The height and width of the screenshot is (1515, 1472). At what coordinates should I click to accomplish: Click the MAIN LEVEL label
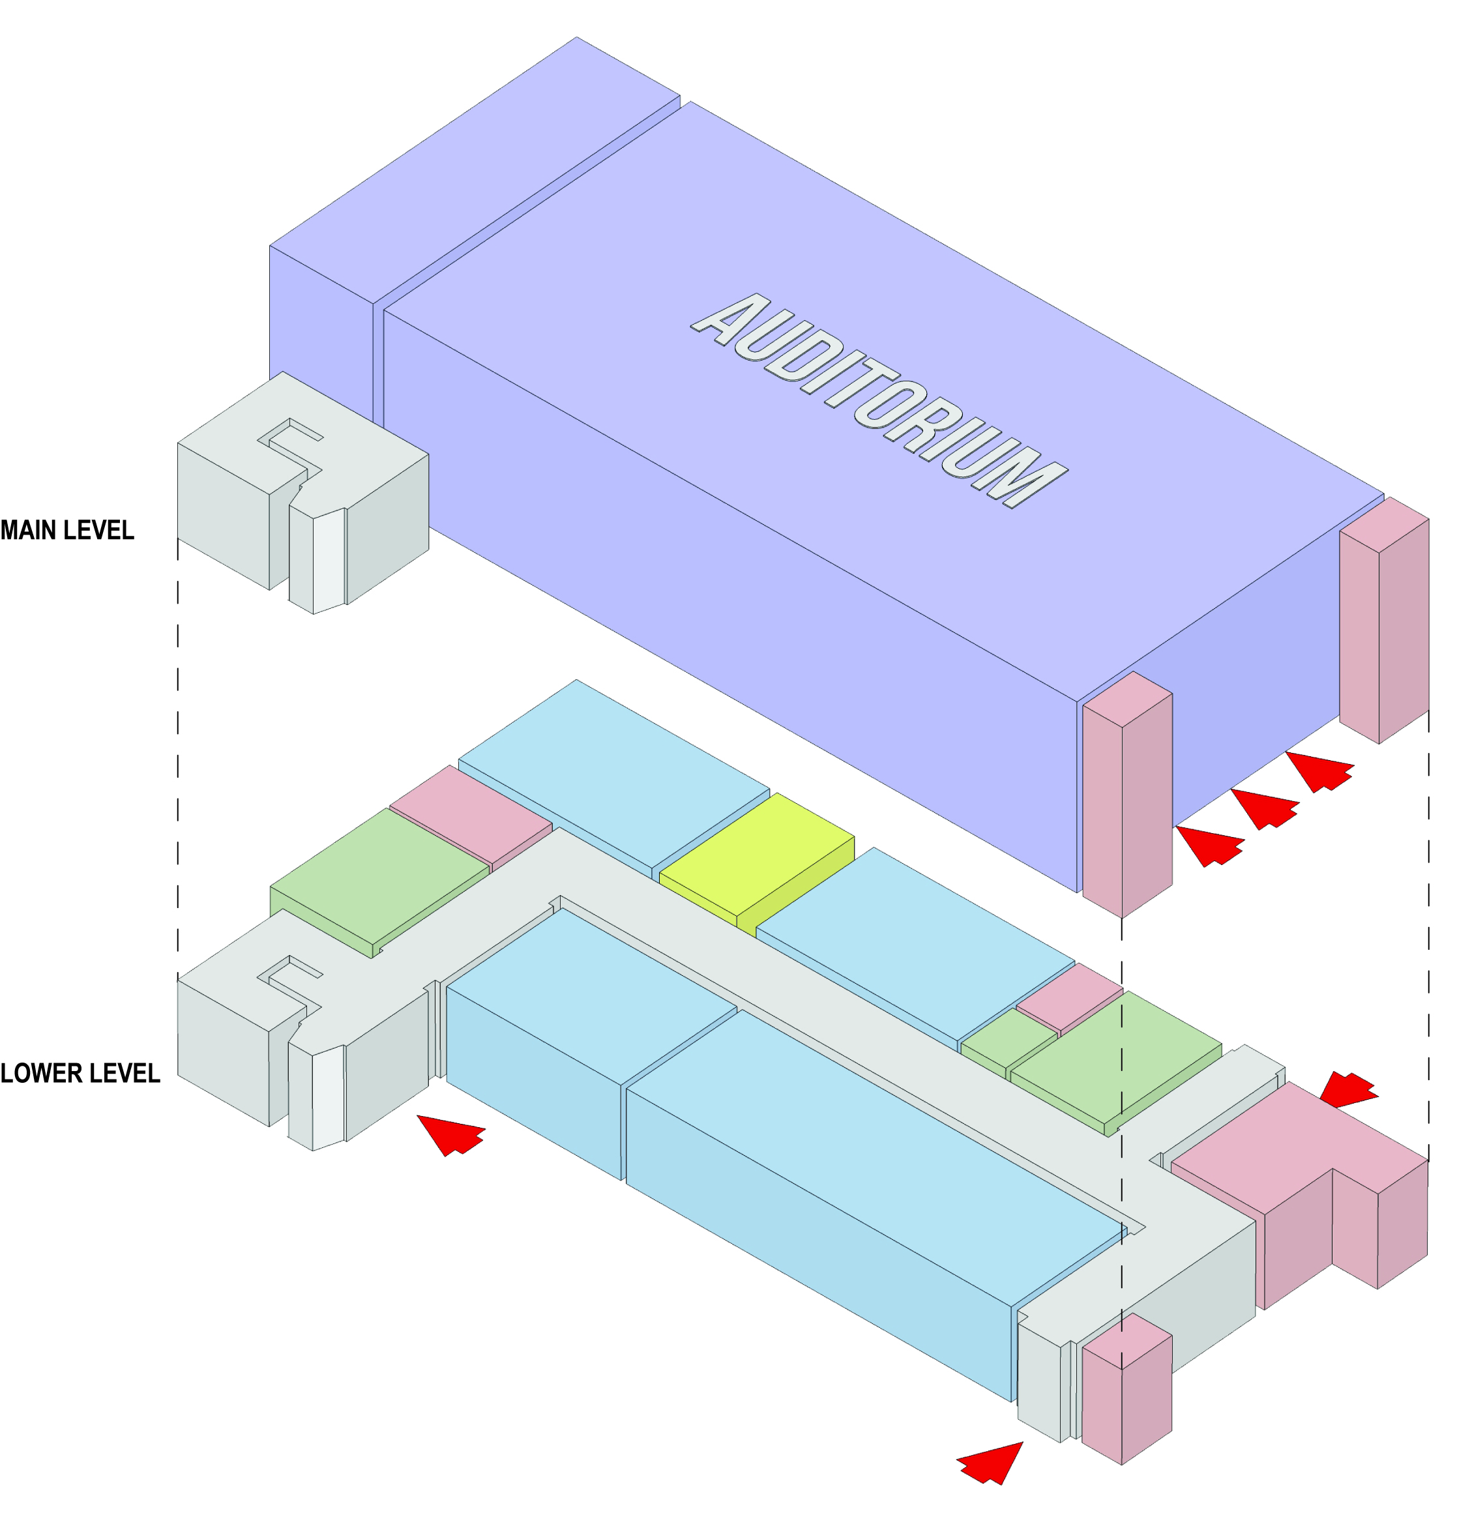coord(67,530)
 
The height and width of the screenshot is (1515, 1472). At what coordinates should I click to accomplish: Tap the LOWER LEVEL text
coord(80,1074)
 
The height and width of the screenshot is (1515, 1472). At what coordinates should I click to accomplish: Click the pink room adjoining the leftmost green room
coord(470,815)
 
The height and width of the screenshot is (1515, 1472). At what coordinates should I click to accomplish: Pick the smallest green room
coord(1008,1040)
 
